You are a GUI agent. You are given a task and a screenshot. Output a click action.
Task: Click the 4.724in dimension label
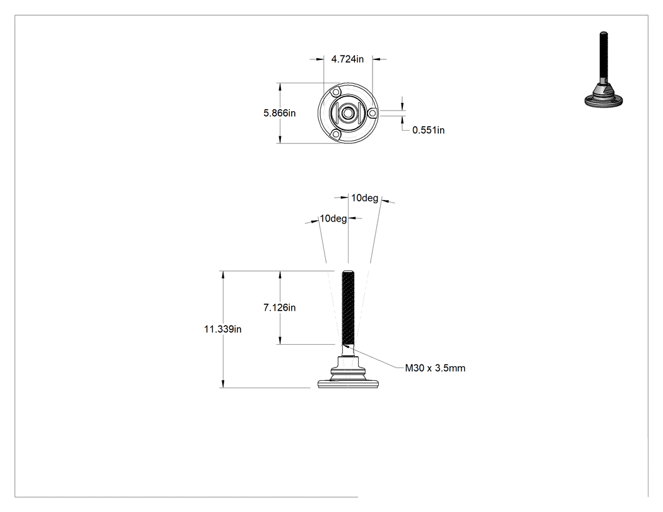(x=347, y=59)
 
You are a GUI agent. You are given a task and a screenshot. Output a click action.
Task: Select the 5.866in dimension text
(x=280, y=113)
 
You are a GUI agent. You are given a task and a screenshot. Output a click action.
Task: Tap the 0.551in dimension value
(x=428, y=130)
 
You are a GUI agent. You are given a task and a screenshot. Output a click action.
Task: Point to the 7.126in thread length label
(x=280, y=307)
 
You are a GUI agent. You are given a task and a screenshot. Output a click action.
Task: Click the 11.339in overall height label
(x=223, y=329)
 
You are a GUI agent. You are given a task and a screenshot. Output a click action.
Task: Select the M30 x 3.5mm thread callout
(x=435, y=368)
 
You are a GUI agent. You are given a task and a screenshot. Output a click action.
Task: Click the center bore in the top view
(x=348, y=113)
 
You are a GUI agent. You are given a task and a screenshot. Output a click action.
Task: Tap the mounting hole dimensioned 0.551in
(x=372, y=113)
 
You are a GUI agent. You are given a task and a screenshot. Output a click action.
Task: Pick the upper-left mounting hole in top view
(x=336, y=92)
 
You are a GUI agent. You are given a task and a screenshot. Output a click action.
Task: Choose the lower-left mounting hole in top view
(x=336, y=134)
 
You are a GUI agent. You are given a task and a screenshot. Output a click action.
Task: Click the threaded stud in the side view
(x=348, y=307)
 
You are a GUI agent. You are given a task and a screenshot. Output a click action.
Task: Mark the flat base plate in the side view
(x=348, y=384)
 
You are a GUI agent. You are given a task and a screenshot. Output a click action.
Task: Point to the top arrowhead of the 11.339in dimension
(x=223, y=271)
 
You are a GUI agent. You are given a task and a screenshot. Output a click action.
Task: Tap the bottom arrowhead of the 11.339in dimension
(x=223, y=387)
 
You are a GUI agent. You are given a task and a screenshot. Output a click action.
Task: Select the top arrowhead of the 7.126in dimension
(x=280, y=271)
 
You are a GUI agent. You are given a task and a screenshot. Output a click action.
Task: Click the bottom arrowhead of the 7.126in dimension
(x=280, y=343)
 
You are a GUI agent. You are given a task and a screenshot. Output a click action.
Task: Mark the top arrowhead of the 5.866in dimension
(x=280, y=83)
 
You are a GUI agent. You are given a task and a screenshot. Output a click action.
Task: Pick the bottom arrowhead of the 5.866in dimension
(x=280, y=143)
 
